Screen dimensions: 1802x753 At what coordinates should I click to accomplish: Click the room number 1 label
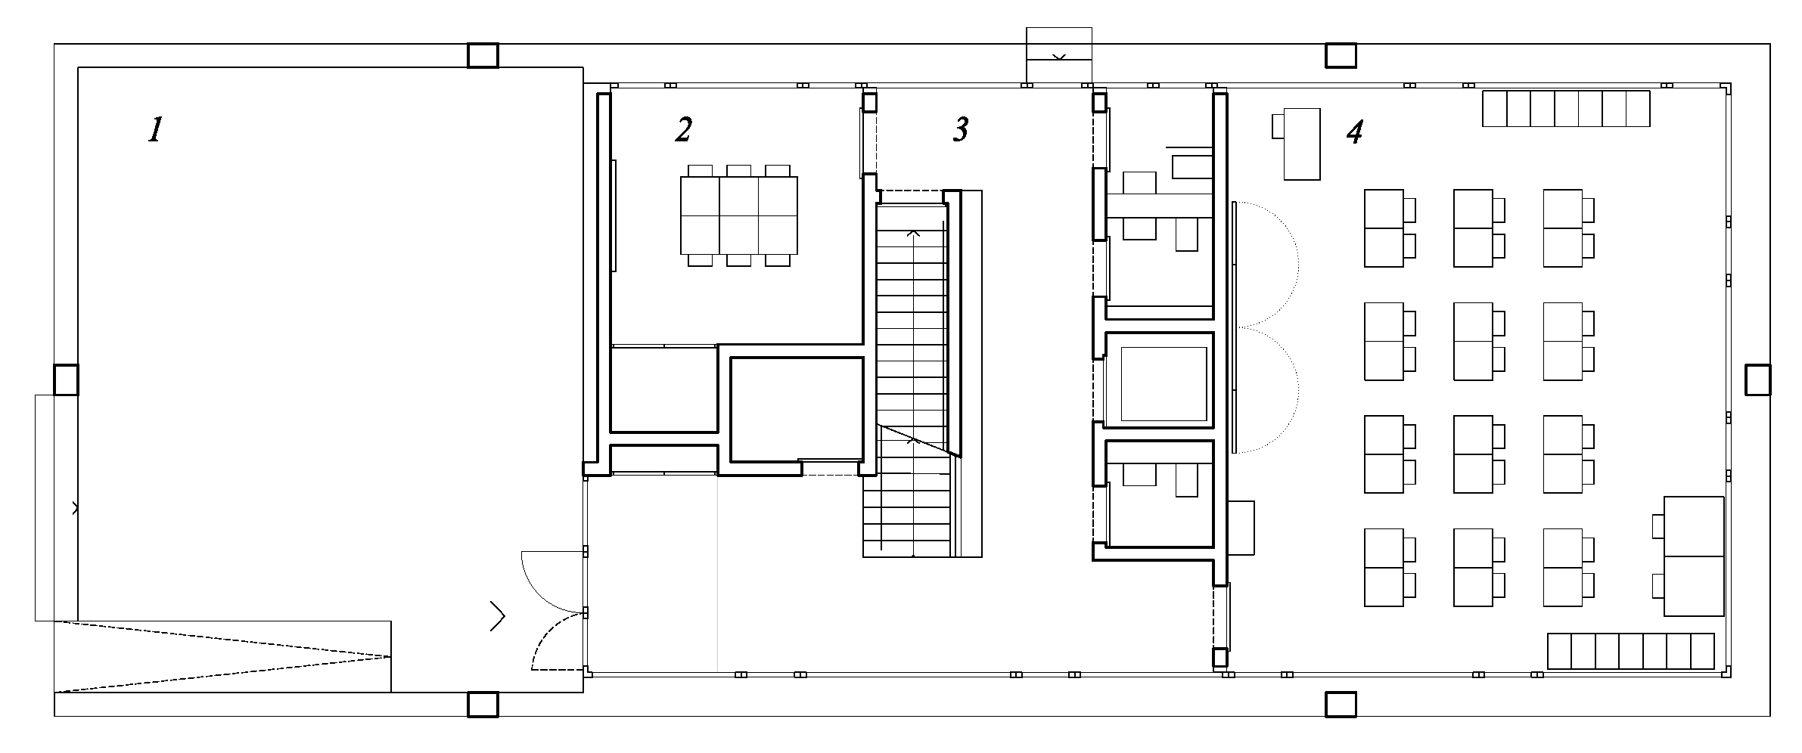click(x=155, y=130)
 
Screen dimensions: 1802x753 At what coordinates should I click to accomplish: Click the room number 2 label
click(x=683, y=130)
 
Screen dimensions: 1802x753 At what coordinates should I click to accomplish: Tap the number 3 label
click(x=960, y=130)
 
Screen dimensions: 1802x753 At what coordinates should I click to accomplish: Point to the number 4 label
click(x=1355, y=132)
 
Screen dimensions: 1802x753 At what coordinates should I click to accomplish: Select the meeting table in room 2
click(x=739, y=215)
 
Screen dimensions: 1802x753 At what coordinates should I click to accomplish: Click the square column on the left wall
click(x=66, y=380)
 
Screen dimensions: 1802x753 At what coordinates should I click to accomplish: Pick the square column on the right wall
click(x=1757, y=380)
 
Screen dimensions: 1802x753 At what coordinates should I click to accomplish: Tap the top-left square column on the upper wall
click(x=483, y=55)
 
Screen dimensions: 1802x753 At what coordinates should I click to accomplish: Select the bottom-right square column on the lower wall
click(x=1341, y=704)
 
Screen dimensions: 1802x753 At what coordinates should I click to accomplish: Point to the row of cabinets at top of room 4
click(x=1566, y=108)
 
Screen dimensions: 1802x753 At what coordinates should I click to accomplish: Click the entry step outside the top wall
click(x=1059, y=54)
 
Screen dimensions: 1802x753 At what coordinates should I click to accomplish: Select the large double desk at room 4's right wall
click(x=1694, y=556)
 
